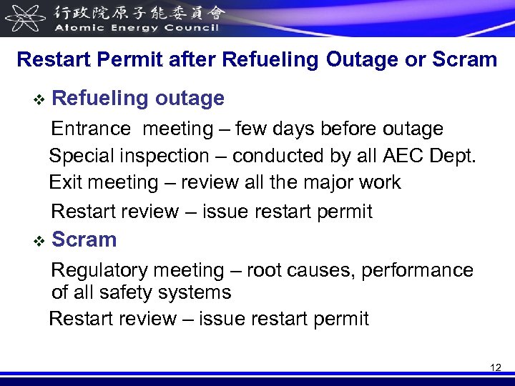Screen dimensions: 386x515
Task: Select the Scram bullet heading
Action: coord(84,239)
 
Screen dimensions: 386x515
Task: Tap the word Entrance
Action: coord(92,129)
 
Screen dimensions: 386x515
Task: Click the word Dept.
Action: coord(456,156)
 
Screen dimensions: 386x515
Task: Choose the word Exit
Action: coord(64,182)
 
